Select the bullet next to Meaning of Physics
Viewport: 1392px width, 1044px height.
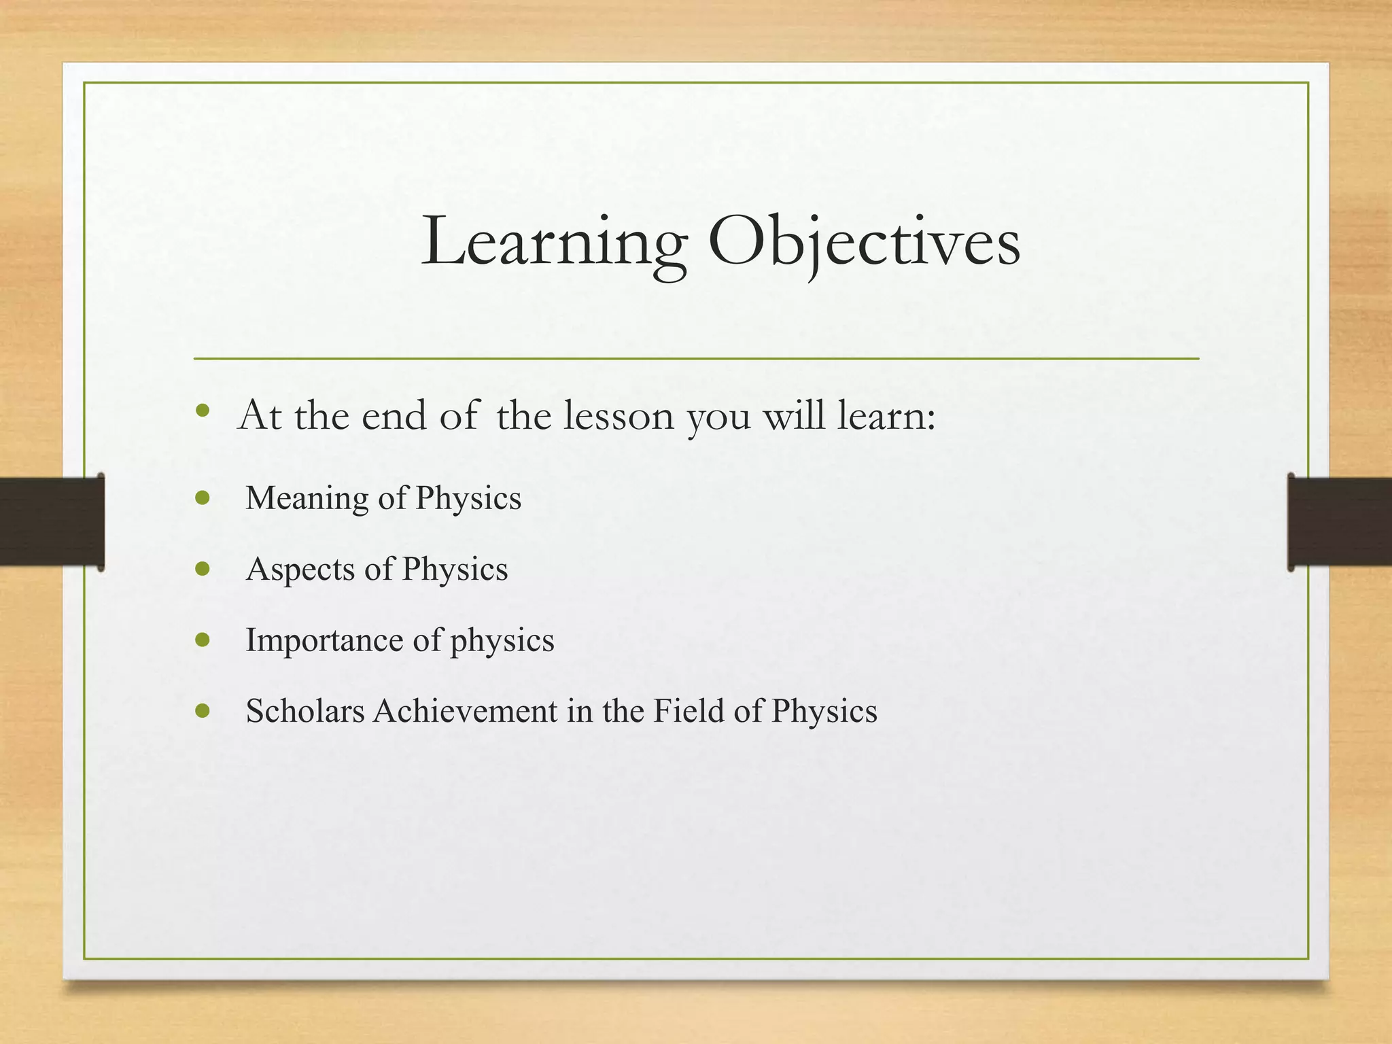coord(203,498)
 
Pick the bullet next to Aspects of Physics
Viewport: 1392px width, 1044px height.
coord(203,569)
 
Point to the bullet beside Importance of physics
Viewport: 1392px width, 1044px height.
coord(203,640)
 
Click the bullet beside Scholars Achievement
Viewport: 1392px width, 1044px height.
coord(203,711)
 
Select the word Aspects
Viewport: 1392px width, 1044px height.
coord(300,569)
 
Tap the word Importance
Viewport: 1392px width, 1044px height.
coord(324,640)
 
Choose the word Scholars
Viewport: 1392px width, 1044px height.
coord(305,711)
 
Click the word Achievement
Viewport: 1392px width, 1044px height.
coord(465,711)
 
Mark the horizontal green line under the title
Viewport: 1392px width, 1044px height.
coord(696,358)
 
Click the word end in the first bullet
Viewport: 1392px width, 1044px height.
coord(394,415)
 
